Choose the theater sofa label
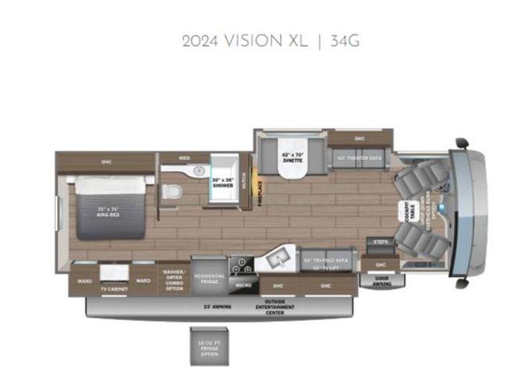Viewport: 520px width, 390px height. tap(359, 157)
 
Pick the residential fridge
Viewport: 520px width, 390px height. tap(209, 277)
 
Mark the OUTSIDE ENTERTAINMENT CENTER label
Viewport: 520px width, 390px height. tap(276, 306)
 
